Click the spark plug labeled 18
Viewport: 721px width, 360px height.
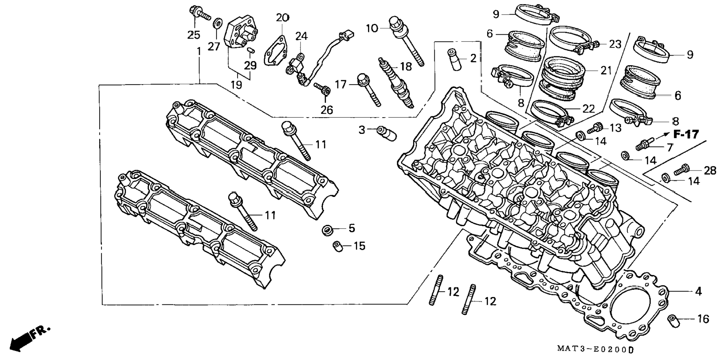pyautogui.click(x=396, y=82)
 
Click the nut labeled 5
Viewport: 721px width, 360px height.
pyautogui.click(x=328, y=230)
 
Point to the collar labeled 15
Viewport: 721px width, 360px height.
pyautogui.click(x=337, y=247)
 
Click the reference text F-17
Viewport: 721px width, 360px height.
pyautogui.click(x=686, y=134)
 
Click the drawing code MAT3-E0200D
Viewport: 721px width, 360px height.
pyautogui.click(x=595, y=349)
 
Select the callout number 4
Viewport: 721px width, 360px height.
pyautogui.click(x=698, y=291)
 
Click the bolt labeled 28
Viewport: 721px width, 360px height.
pyautogui.click(x=681, y=170)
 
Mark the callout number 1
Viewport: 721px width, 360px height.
pyautogui.click(x=199, y=51)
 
